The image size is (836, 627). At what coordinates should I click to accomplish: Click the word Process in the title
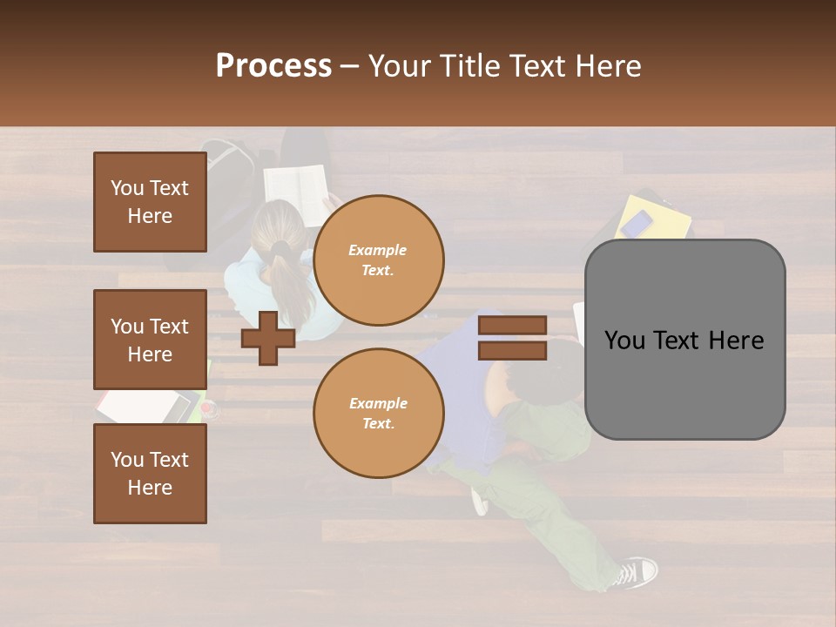(x=273, y=66)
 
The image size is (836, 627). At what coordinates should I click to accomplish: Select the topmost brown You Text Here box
(x=150, y=202)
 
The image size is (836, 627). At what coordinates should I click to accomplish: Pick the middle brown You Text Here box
(x=150, y=340)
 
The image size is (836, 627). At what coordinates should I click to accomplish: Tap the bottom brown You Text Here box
(x=150, y=474)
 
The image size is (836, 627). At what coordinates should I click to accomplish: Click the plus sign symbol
(x=267, y=338)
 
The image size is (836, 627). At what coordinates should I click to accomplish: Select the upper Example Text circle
(x=378, y=260)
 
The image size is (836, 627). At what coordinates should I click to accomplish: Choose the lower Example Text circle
(x=378, y=414)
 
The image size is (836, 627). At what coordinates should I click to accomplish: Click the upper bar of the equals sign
(x=512, y=326)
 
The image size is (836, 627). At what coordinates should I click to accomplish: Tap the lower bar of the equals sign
(x=512, y=351)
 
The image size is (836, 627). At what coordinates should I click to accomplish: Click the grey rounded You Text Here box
(x=684, y=340)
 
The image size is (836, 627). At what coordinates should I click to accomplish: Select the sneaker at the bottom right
(x=636, y=573)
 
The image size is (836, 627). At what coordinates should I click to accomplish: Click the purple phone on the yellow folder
(x=637, y=223)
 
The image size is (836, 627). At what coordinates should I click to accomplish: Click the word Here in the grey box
(x=738, y=340)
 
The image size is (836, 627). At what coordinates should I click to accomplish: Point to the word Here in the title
(x=604, y=66)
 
